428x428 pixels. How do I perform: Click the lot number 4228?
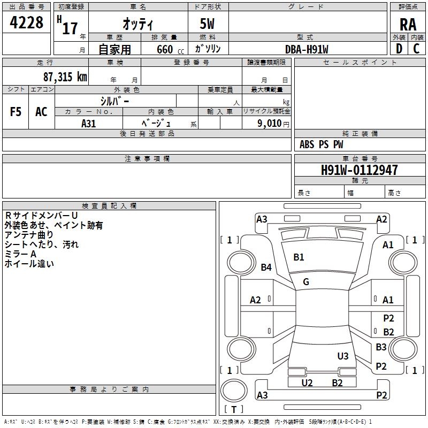click(27, 23)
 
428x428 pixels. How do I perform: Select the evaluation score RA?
click(407, 25)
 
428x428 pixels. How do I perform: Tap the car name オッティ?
click(137, 25)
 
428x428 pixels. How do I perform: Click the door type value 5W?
click(208, 25)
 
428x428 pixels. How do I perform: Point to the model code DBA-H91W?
click(307, 49)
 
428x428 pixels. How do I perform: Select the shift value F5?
click(16, 112)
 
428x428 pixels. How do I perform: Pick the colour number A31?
click(89, 123)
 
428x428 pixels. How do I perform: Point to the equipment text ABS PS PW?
click(321, 144)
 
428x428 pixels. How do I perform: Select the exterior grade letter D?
click(399, 49)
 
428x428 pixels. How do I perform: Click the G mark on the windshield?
click(306, 282)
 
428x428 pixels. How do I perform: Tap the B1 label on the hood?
click(299, 257)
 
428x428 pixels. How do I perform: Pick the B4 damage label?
click(266, 267)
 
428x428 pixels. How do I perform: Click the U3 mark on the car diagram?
click(343, 356)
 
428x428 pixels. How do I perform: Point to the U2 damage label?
click(307, 383)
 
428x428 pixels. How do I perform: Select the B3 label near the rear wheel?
click(381, 347)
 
